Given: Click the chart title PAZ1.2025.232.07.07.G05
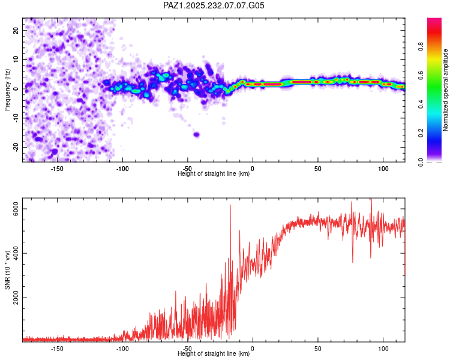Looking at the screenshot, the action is pos(214,5).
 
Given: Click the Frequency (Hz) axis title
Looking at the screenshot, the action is pos(7,90).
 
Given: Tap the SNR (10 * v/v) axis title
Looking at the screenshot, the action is pos(7,270).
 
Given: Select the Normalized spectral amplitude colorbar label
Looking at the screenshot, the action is pos(445,90).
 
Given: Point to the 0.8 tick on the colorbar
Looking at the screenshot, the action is pos(421,46).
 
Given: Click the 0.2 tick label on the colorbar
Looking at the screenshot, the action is pos(421,133).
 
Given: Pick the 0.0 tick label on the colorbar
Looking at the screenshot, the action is pos(421,162).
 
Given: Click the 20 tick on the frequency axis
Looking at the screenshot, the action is pos(16,31).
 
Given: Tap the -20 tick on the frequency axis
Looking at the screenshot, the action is pos(16,147).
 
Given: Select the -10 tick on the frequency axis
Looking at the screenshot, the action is pos(16,118).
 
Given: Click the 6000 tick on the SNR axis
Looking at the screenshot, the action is pos(16,209).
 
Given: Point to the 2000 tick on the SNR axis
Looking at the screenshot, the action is pos(16,298).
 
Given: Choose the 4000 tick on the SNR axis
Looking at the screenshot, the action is pos(16,253).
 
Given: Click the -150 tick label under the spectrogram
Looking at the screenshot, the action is pos(57,169).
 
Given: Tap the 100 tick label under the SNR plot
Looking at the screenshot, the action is pos(383,349).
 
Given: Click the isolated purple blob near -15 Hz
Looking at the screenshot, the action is pos(197,134).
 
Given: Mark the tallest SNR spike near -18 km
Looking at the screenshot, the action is pos(230,205).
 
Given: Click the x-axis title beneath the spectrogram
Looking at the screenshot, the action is pos(214,173).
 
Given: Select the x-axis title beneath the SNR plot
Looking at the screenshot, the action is pos(214,353).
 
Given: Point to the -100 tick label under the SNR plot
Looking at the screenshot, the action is pos(122,349).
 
